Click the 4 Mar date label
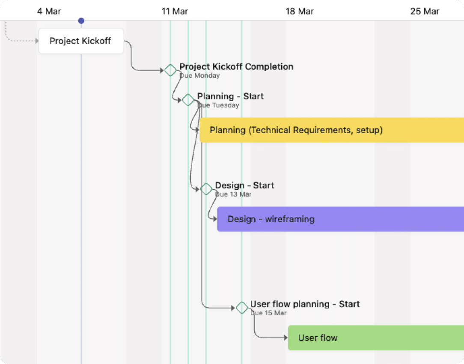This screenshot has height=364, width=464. click(49, 11)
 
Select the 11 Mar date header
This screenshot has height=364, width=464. click(175, 11)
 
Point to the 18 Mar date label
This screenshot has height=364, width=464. click(300, 11)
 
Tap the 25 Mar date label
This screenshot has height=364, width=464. click(425, 11)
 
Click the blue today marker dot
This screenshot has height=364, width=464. click(81, 21)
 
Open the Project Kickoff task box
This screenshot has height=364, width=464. click(81, 41)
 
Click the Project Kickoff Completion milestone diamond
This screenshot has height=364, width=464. click(170, 70)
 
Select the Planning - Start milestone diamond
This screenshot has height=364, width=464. click(188, 100)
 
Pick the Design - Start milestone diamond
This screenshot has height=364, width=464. click(206, 189)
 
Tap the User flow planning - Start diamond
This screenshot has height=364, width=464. click(242, 308)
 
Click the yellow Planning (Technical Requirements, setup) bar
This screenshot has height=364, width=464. click(332, 130)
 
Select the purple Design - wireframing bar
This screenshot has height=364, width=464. click(341, 219)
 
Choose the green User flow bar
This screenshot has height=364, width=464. click(376, 337)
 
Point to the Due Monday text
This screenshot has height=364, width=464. click(200, 76)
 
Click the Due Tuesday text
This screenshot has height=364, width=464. click(218, 105)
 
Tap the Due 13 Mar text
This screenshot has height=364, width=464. click(233, 194)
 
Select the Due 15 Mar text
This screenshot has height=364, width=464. click(268, 313)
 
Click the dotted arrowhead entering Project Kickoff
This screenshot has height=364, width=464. click(37, 41)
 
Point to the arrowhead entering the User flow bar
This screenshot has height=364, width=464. click(286, 337)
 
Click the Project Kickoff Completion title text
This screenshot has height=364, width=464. click(236, 66)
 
